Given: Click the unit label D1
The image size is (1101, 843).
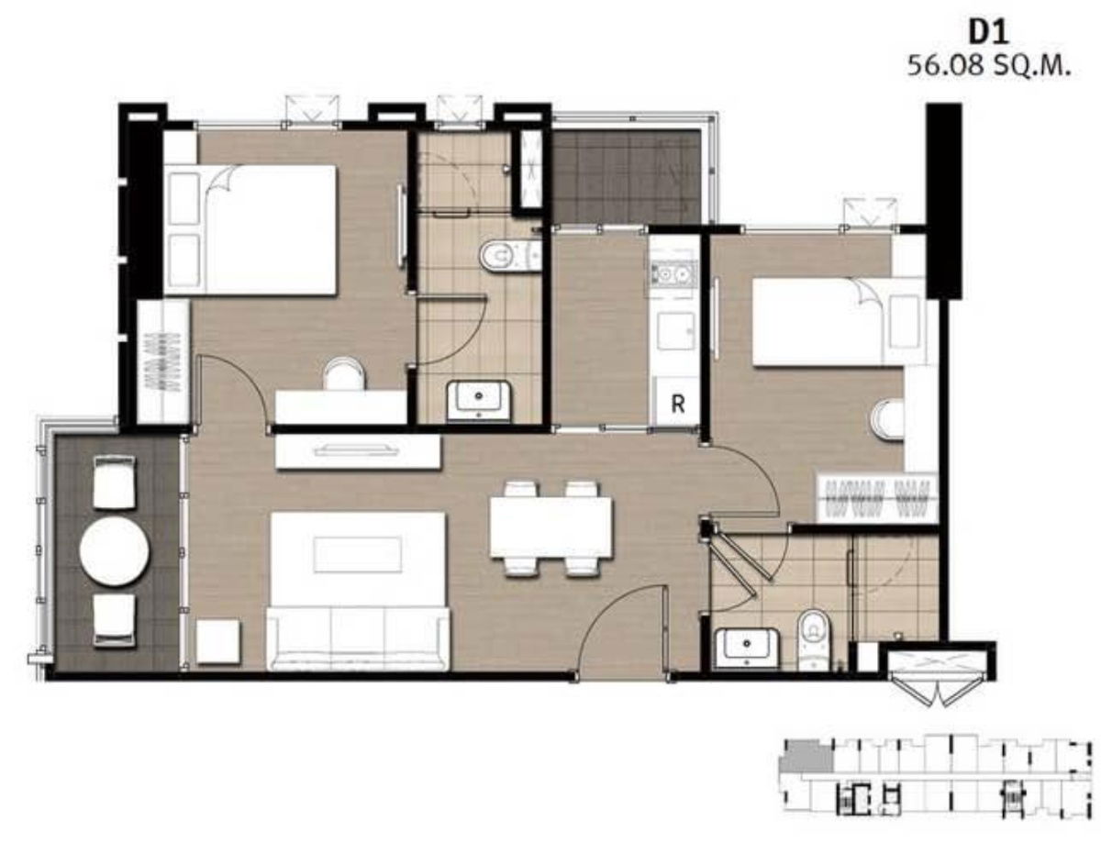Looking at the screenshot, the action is (988, 33).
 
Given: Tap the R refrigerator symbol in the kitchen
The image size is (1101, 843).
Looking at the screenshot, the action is (678, 404).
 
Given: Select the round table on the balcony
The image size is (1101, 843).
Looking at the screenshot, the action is (115, 551).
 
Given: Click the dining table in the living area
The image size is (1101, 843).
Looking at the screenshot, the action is (550, 527).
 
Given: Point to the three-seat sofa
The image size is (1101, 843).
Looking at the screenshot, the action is (358, 639).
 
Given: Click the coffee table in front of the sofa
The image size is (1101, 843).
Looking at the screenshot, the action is (358, 554).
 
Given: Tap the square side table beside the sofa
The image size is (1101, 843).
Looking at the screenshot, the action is (217, 641).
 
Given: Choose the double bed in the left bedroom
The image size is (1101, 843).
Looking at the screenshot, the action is (250, 230).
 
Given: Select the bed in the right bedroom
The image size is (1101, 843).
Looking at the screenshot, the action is (839, 321).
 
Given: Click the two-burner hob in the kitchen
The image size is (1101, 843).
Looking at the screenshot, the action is (672, 274).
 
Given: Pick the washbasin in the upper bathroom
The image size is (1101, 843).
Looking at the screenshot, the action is (479, 401).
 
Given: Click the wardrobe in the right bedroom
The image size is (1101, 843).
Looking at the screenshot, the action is (876, 498).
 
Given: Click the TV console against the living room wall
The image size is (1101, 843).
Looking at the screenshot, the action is (358, 451).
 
